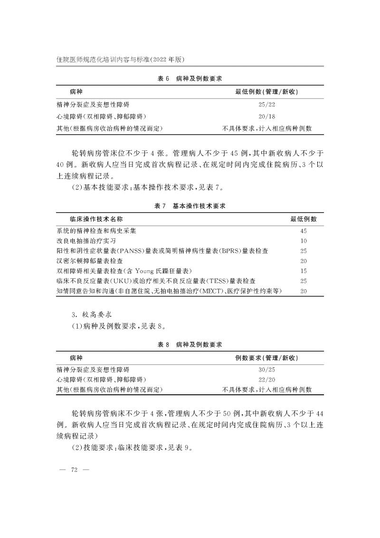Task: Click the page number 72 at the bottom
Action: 74,470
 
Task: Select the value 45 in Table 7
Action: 304,231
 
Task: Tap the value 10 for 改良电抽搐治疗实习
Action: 304,241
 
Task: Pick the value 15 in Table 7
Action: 304,271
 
